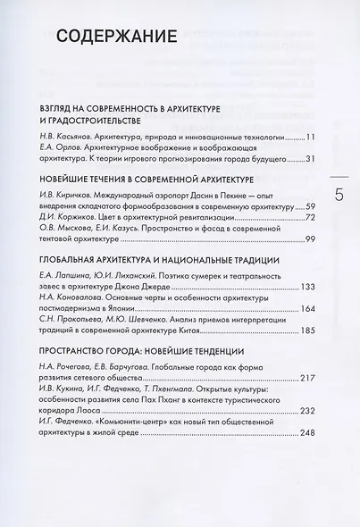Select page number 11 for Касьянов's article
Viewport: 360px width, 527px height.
coord(311,138)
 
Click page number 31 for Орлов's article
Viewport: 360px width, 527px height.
coord(311,159)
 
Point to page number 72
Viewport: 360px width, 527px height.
coord(311,216)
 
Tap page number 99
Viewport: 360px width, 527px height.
coord(311,238)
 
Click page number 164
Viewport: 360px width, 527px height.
coord(309,309)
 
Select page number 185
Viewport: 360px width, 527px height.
coord(309,331)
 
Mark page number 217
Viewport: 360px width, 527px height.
coord(309,378)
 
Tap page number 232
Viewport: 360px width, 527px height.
coord(309,411)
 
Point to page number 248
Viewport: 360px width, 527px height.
coord(309,433)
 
